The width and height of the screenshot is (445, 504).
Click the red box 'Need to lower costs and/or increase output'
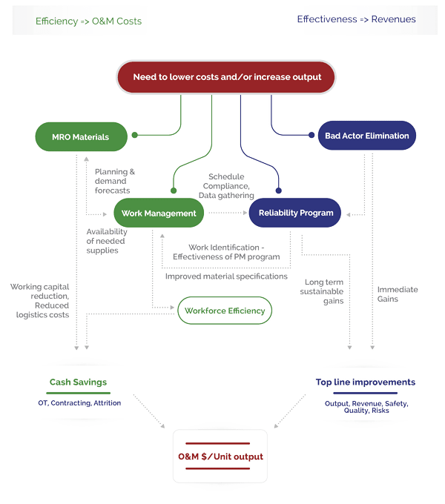tap(227, 77)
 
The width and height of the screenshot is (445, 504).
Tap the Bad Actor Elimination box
tap(366, 136)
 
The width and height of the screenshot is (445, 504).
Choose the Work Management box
tap(159, 213)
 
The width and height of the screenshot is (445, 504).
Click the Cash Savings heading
tap(78, 382)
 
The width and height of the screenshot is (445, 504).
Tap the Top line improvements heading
tap(365, 382)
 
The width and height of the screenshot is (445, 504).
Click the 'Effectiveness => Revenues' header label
tap(356, 19)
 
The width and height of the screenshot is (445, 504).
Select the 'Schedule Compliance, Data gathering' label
tap(229, 186)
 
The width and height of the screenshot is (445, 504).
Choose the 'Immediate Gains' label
tap(398, 294)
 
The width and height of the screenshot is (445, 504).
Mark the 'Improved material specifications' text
tap(225, 276)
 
